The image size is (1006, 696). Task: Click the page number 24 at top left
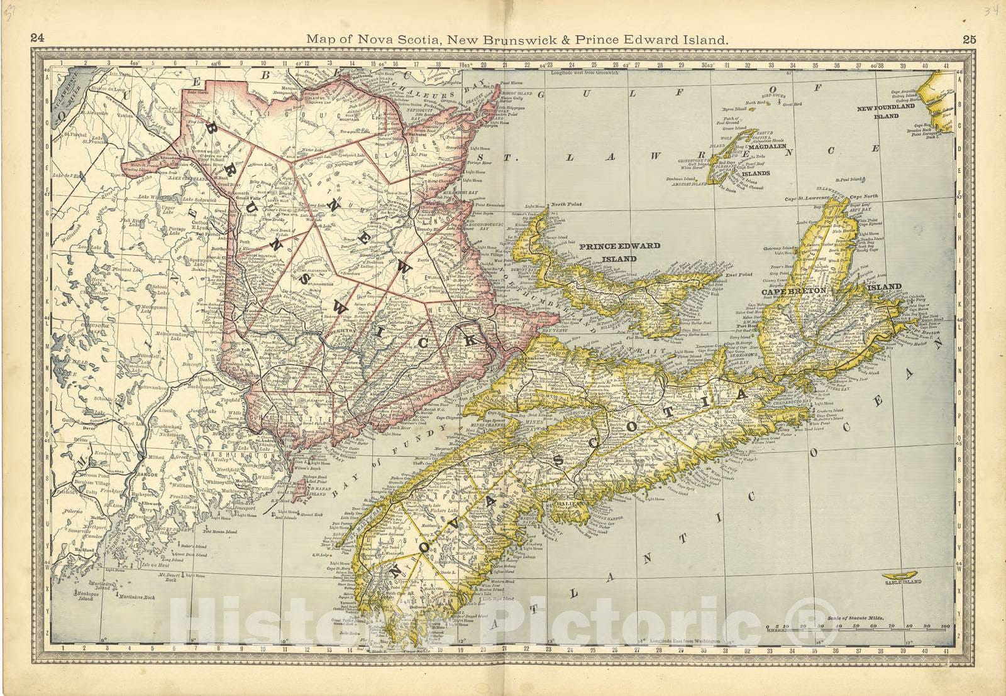[x=36, y=39]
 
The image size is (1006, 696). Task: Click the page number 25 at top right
[x=969, y=39]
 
